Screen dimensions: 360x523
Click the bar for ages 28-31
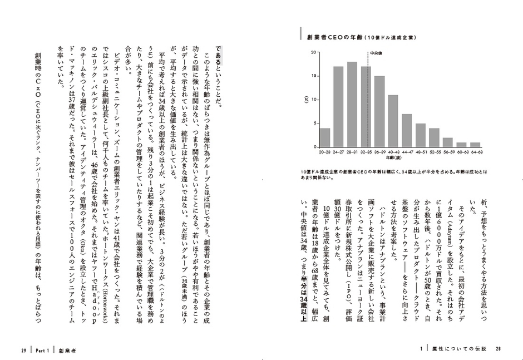[x=352, y=104]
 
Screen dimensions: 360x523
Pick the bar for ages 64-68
[x=475, y=145]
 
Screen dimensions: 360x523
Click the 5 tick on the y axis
[x=314, y=124]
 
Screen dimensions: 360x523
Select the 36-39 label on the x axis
[x=379, y=151]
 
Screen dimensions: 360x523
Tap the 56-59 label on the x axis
[x=447, y=151]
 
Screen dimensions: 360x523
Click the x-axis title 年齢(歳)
[x=399, y=157]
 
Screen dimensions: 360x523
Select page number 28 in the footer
[x=499, y=350]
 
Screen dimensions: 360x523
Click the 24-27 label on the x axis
[x=339, y=151]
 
